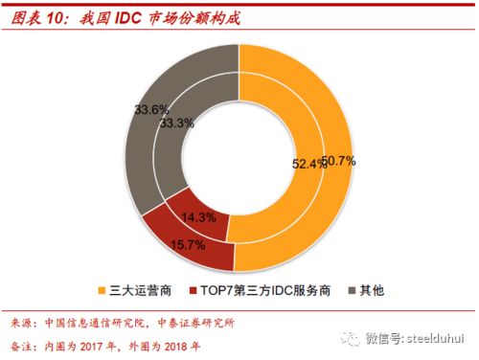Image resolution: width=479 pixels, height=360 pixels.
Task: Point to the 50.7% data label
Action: point(340,161)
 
